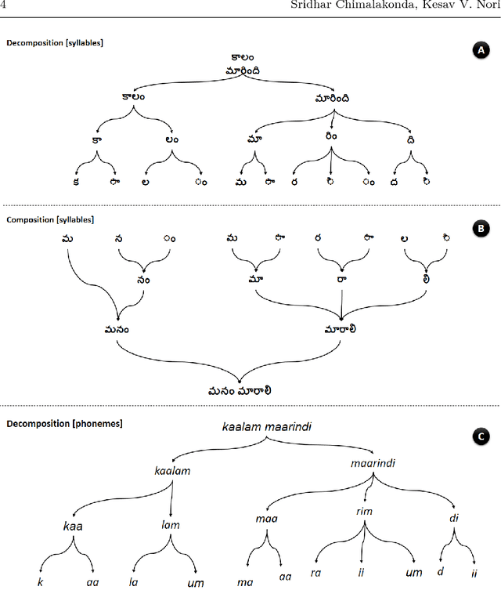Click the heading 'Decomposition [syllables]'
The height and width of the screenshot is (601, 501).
(x=55, y=42)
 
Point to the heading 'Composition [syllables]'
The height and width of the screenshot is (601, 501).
(x=50, y=220)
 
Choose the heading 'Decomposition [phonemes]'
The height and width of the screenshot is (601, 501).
(x=53, y=424)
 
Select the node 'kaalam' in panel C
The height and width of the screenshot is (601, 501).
(x=173, y=471)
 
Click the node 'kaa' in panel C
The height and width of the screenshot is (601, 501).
(x=73, y=526)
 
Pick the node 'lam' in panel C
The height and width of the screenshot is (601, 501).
(x=170, y=525)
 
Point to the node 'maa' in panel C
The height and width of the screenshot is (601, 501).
(x=266, y=519)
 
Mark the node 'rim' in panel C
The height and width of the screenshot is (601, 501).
(x=364, y=512)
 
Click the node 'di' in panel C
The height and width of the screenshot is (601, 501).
(x=454, y=518)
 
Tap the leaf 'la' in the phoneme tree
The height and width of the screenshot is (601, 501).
(x=133, y=582)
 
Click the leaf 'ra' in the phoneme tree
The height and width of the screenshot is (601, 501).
(x=316, y=573)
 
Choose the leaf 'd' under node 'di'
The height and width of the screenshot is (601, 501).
(x=440, y=571)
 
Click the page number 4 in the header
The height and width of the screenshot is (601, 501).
(x=3, y=7)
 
